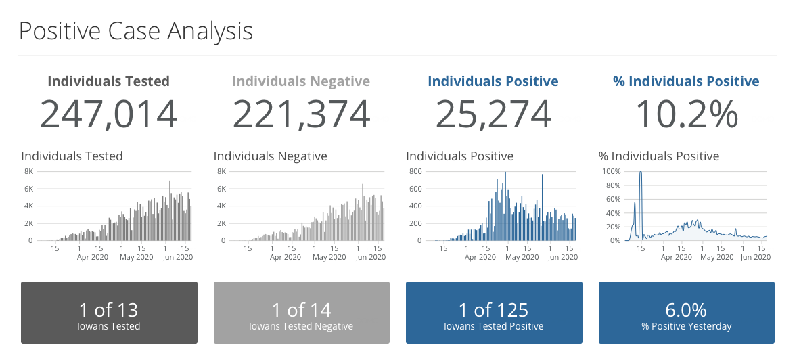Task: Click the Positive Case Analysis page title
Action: pos(135,31)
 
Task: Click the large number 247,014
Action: pos(109,114)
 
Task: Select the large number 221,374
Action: pos(301,114)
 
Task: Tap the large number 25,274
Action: pos(493,114)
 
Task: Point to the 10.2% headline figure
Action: pos(686,114)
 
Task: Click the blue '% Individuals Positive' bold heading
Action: pos(686,81)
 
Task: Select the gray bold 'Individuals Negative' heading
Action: pos(301,81)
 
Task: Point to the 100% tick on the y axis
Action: pos(612,171)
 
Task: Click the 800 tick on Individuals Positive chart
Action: pos(415,171)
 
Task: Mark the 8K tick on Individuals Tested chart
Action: pos(28,171)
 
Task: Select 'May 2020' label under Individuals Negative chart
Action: pos(328,257)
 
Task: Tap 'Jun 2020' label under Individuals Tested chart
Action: pos(177,257)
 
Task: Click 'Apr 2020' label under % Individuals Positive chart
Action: pos(677,257)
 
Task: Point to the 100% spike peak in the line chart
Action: pos(640,173)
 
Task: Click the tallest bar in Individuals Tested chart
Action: pos(169,182)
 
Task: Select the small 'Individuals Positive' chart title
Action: pos(459,156)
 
